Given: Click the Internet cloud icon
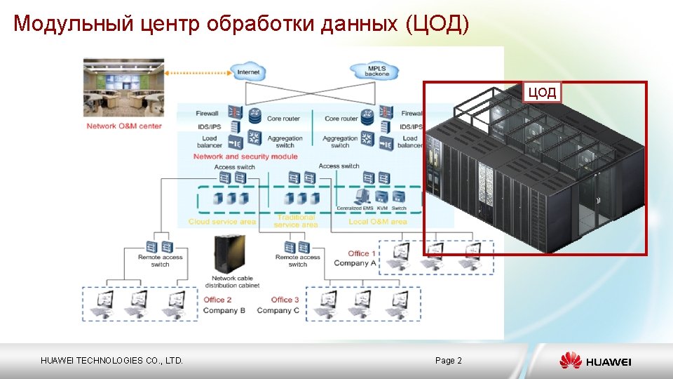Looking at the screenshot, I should tap(248, 72).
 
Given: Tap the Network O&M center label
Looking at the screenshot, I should tap(124, 126).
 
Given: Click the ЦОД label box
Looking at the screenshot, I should tap(542, 92).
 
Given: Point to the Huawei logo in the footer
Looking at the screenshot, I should tap(595, 361).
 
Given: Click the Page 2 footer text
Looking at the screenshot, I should tap(448, 361).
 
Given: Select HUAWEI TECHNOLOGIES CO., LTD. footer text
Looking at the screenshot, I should tap(111, 361).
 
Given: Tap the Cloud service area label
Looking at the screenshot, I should tap(222, 222).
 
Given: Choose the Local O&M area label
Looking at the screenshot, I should tap(378, 222).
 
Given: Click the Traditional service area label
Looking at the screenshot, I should tap(296, 222).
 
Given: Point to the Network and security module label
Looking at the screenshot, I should tap(245, 157).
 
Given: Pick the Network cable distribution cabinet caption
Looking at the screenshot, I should tap(235, 281).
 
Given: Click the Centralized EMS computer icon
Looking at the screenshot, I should tap(363, 197).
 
